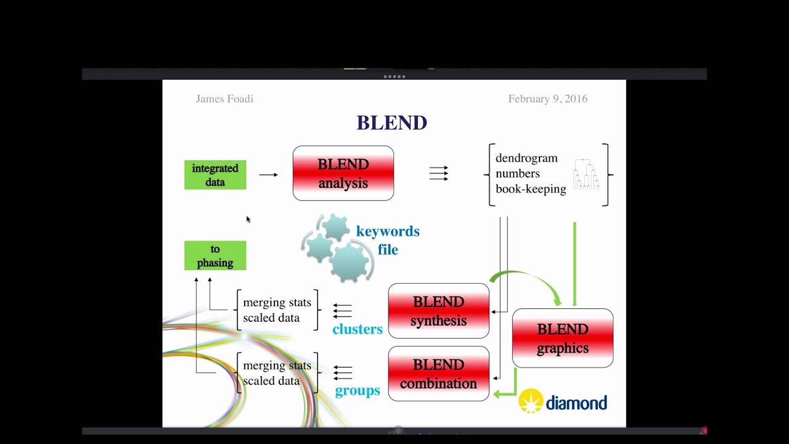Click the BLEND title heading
(x=391, y=123)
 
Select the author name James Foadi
(x=224, y=99)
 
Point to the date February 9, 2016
(x=547, y=99)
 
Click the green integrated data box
(x=215, y=175)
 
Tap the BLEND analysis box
(x=343, y=173)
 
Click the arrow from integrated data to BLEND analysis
(x=268, y=175)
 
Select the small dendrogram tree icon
(x=586, y=174)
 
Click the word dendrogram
(x=526, y=158)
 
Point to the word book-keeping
(x=530, y=189)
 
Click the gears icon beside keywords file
(x=336, y=247)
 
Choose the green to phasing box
(x=215, y=256)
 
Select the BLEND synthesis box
(x=438, y=311)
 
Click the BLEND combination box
(x=438, y=374)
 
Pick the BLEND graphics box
(x=562, y=338)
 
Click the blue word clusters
(x=357, y=329)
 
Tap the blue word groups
(x=357, y=391)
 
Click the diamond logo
(x=563, y=402)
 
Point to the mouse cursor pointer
(x=248, y=218)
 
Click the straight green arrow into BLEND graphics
(x=574, y=265)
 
